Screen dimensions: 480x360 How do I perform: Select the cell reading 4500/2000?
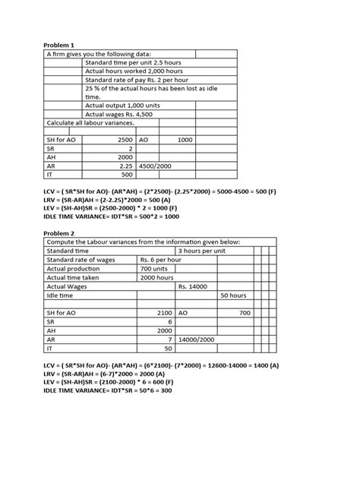154,163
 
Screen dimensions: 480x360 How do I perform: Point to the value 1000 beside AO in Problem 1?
185,141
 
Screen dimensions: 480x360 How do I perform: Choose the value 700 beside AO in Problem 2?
244,312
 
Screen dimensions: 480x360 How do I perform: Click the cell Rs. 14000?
195,287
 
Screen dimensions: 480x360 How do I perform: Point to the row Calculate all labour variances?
90,122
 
